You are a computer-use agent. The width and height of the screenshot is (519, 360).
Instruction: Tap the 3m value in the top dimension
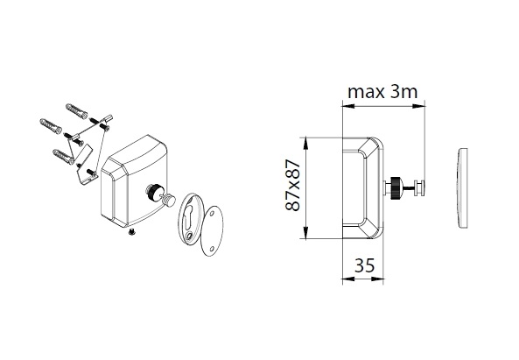coord(403,91)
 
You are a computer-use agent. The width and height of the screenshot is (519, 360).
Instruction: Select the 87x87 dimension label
coord(292,186)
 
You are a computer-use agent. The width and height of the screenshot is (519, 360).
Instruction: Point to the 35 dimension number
coord(365,265)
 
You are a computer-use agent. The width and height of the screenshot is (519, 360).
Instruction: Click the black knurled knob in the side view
coord(396,187)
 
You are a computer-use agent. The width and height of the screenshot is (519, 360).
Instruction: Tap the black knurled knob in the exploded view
coord(153,192)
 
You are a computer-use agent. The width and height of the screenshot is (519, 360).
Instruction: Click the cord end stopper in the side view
coord(419,187)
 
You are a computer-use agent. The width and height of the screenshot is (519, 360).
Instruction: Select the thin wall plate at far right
coord(463,187)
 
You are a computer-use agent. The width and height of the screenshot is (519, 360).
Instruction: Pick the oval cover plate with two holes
coord(212,231)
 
